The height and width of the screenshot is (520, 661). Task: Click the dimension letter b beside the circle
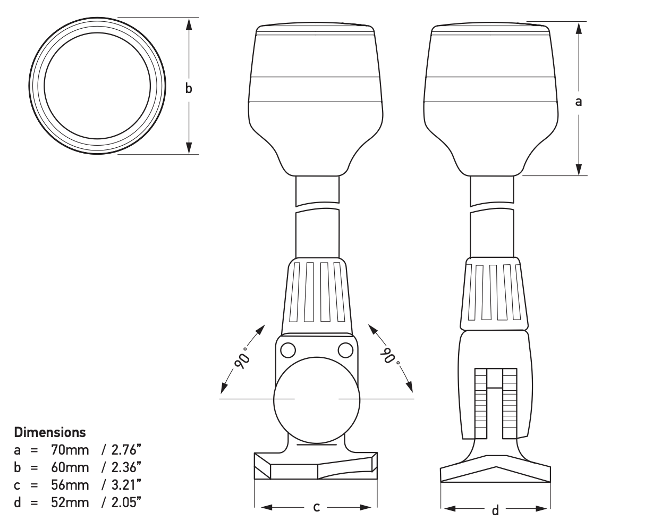click(x=189, y=88)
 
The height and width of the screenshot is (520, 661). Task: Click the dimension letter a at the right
click(x=579, y=101)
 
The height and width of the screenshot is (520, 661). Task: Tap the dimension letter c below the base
click(x=316, y=507)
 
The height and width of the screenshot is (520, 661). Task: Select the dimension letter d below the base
click(x=495, y=510)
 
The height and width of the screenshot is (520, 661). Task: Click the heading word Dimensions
click(x=49, y=432)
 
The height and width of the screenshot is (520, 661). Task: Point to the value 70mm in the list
click(x=70, y=450)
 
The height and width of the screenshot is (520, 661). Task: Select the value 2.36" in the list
click(x=126, y=467)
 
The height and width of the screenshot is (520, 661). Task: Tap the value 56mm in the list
click(x=70, y=485)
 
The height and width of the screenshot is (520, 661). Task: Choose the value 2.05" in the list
click(x=126, y=502)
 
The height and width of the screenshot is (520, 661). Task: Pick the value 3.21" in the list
click(x=126, y=485)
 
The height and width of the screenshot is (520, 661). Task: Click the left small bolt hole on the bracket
click(x=288, y=350)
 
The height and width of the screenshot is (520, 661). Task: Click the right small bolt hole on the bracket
click(x=345, y=350)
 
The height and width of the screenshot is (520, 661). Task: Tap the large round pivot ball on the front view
click(x=316, y=399)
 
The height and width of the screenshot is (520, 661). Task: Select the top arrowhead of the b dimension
click(x=189, y=24)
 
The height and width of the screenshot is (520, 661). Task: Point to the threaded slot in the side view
click(x=495, y=404)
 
